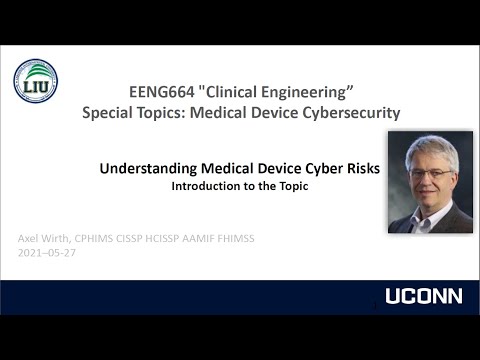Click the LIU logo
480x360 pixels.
[x=35, y=81]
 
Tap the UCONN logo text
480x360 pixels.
[x=423, y=296]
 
